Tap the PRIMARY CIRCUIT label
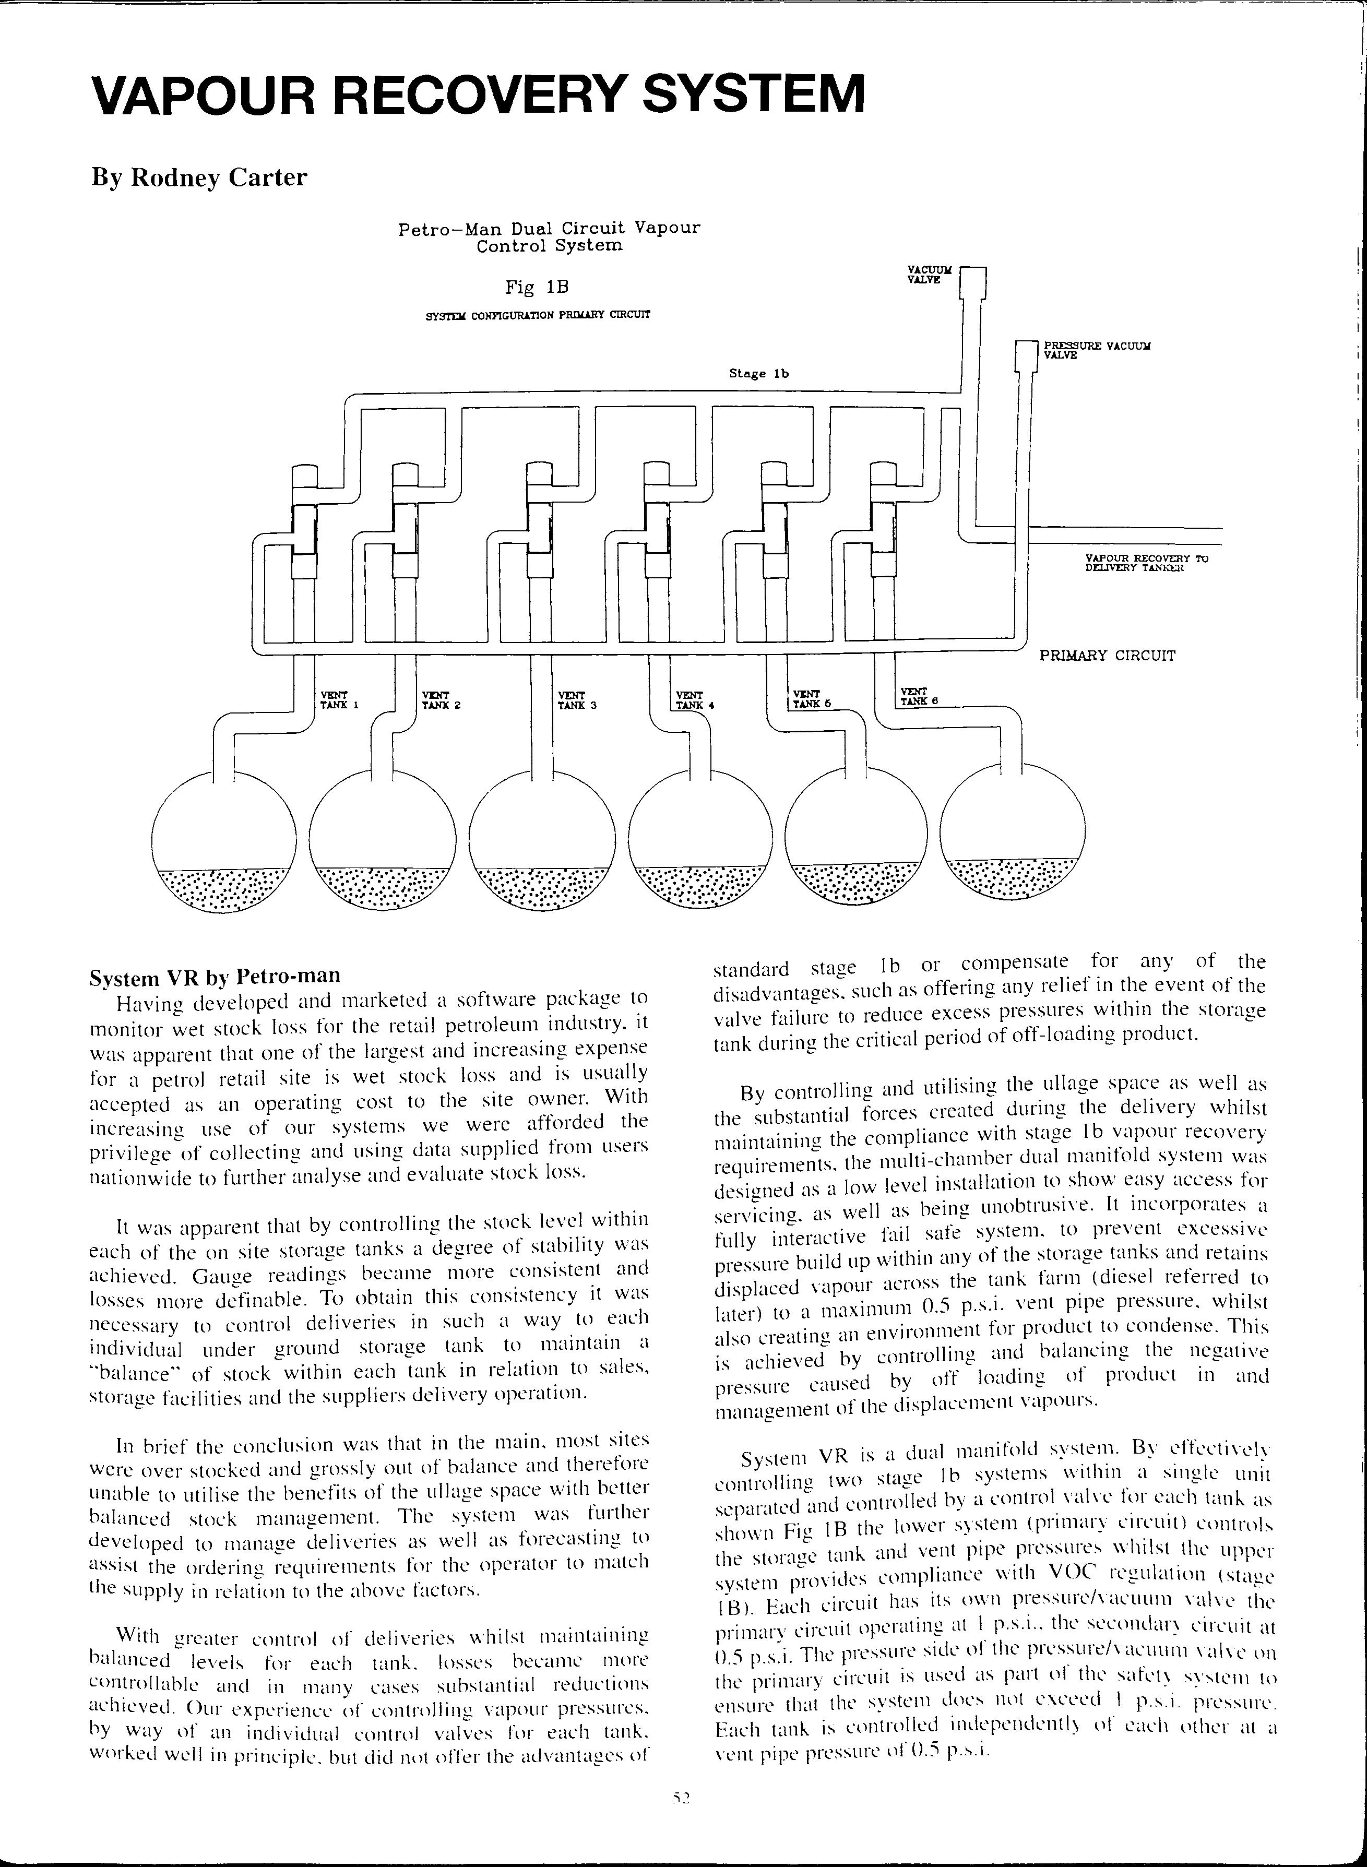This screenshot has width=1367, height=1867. click(1107, 656)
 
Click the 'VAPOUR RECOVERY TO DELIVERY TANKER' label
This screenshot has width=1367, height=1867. click(1146, 563)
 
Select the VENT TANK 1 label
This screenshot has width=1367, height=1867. click(338, 699)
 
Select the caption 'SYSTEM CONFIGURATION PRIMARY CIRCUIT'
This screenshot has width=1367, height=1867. click(537, 315)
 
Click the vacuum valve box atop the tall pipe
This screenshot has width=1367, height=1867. click(974, 282)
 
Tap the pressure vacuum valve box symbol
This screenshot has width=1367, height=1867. click(1026, 355)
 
